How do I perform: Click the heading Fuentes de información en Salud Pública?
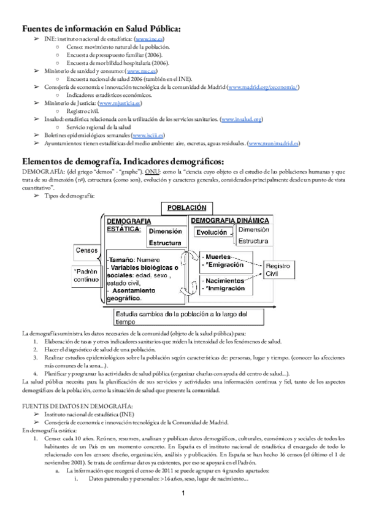coord(101,28)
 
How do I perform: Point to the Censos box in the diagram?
coord(86,250)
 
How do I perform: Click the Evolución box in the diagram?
coord(211,232)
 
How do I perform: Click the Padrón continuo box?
coord(86,275)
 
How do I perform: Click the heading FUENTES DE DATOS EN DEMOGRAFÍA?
coord(77,407)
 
